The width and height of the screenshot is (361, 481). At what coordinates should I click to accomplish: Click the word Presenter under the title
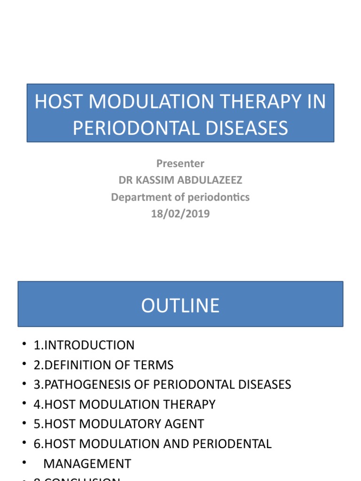(x=180, y=163)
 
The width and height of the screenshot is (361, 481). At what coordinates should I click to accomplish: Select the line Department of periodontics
(x=180, y=197)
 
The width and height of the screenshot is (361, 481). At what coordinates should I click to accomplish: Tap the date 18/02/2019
(x=180, y=214)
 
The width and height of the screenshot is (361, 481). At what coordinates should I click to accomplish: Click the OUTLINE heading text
(x=180, y=306)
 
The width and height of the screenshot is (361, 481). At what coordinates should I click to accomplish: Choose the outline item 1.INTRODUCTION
(x=84, y=345)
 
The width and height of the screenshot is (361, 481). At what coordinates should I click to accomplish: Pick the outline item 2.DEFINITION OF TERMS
(x=103, y=365)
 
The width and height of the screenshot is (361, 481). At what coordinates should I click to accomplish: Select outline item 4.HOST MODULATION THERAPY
(x=125, y=404)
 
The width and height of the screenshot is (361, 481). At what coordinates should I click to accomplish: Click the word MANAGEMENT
(x=87, y=464)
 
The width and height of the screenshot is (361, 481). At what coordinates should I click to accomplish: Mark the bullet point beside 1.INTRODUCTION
(x=24, y=346)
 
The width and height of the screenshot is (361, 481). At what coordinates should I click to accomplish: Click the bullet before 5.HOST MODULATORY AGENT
(x=24, y=425)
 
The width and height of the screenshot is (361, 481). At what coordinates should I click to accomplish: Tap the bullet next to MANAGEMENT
(x=24, y=464)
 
